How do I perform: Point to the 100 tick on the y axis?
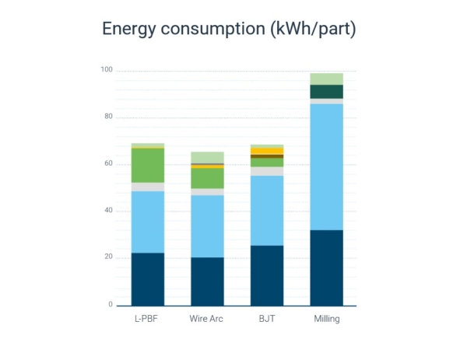[107, 71]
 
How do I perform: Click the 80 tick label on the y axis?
[108, 117]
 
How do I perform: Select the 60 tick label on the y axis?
[108, 164]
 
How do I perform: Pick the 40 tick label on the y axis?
[108, 211]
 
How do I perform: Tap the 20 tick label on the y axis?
[108, 257]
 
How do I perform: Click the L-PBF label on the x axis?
[147, 319]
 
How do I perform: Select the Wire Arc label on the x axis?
[207, 319]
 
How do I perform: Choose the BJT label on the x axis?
[266, 319]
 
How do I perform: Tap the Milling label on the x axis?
[326, 319]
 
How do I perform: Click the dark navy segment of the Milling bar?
[326, 267]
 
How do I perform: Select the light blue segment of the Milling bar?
[326, 166]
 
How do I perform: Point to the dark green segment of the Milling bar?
[326, 91]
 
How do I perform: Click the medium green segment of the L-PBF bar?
[147, 165]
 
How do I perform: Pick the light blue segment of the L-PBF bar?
[147, 222]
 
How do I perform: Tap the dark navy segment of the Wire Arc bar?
[207, 281]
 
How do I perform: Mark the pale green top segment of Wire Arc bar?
[207, 157]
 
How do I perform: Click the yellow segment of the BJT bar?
[266, 151]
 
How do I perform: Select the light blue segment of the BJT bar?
[266, 210]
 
